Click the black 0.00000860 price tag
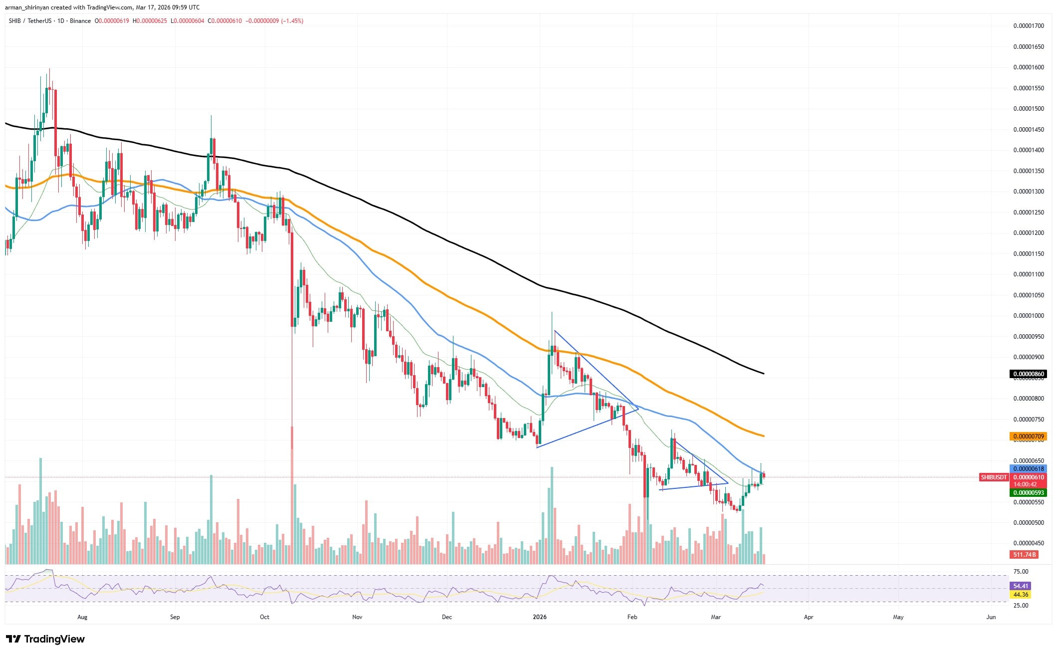click(x=1028, y=374)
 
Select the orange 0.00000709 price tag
click(x=1028, y=436)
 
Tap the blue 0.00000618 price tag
click(x=1028, y=469)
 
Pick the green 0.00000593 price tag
click(x=1028, y=493)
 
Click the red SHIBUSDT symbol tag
click(x=994, y=477)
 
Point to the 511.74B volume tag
click(x=1024, y=555)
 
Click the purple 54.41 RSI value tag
click(x=1021, y=586)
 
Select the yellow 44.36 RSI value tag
click(x=1021, y=595)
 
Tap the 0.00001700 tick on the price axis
click(x=1029, y=26)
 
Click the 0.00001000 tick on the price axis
click(x=1029, y=316)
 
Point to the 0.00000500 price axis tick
click(x=1029, y=523)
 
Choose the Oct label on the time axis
click(x=264, y=617)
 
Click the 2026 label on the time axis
click(x=540, y=617)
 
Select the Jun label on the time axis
click(x=991, y=617)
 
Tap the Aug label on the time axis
click(x=82, y=617)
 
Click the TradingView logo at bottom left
click(x=45, y=639)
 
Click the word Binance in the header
click(x=80, y=21)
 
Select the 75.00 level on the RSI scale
click(x=1021, y=572)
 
